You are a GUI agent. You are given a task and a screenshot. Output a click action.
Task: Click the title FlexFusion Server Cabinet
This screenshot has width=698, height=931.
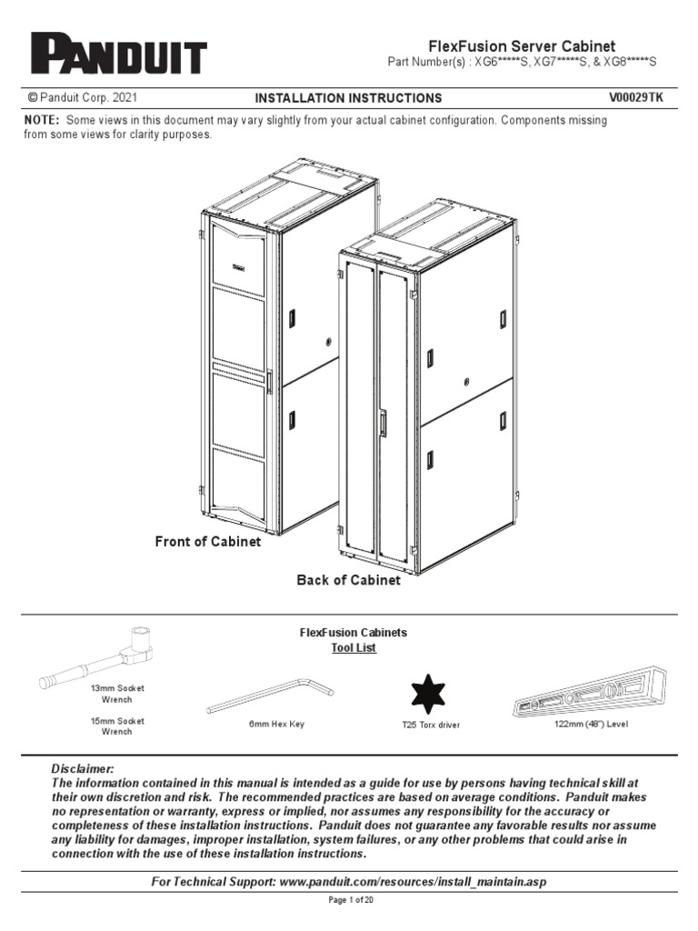click(522, 45)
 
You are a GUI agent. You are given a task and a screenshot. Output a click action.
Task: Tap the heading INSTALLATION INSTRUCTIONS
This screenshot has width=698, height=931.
click(348, 98)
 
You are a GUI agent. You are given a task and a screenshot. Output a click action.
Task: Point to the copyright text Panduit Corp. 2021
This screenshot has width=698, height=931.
click(84, 97)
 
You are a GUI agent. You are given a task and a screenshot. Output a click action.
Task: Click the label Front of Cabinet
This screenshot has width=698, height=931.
click(208, 542)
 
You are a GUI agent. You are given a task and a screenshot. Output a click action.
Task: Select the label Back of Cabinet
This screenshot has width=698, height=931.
click(348, 580)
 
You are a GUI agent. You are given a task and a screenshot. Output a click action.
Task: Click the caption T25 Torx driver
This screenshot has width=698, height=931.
click(431, 726)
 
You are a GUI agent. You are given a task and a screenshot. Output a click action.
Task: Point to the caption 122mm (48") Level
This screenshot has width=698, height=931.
click(591, 725)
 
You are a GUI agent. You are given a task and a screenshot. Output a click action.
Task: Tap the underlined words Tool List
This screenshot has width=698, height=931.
click(354, 648)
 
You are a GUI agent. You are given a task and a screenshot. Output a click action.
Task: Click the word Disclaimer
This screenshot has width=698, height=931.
click(83, 769)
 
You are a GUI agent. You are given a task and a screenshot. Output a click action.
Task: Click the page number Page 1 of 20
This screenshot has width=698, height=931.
click(349, 900)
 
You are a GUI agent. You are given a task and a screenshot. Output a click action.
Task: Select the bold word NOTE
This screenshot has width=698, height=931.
click(44, 120)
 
